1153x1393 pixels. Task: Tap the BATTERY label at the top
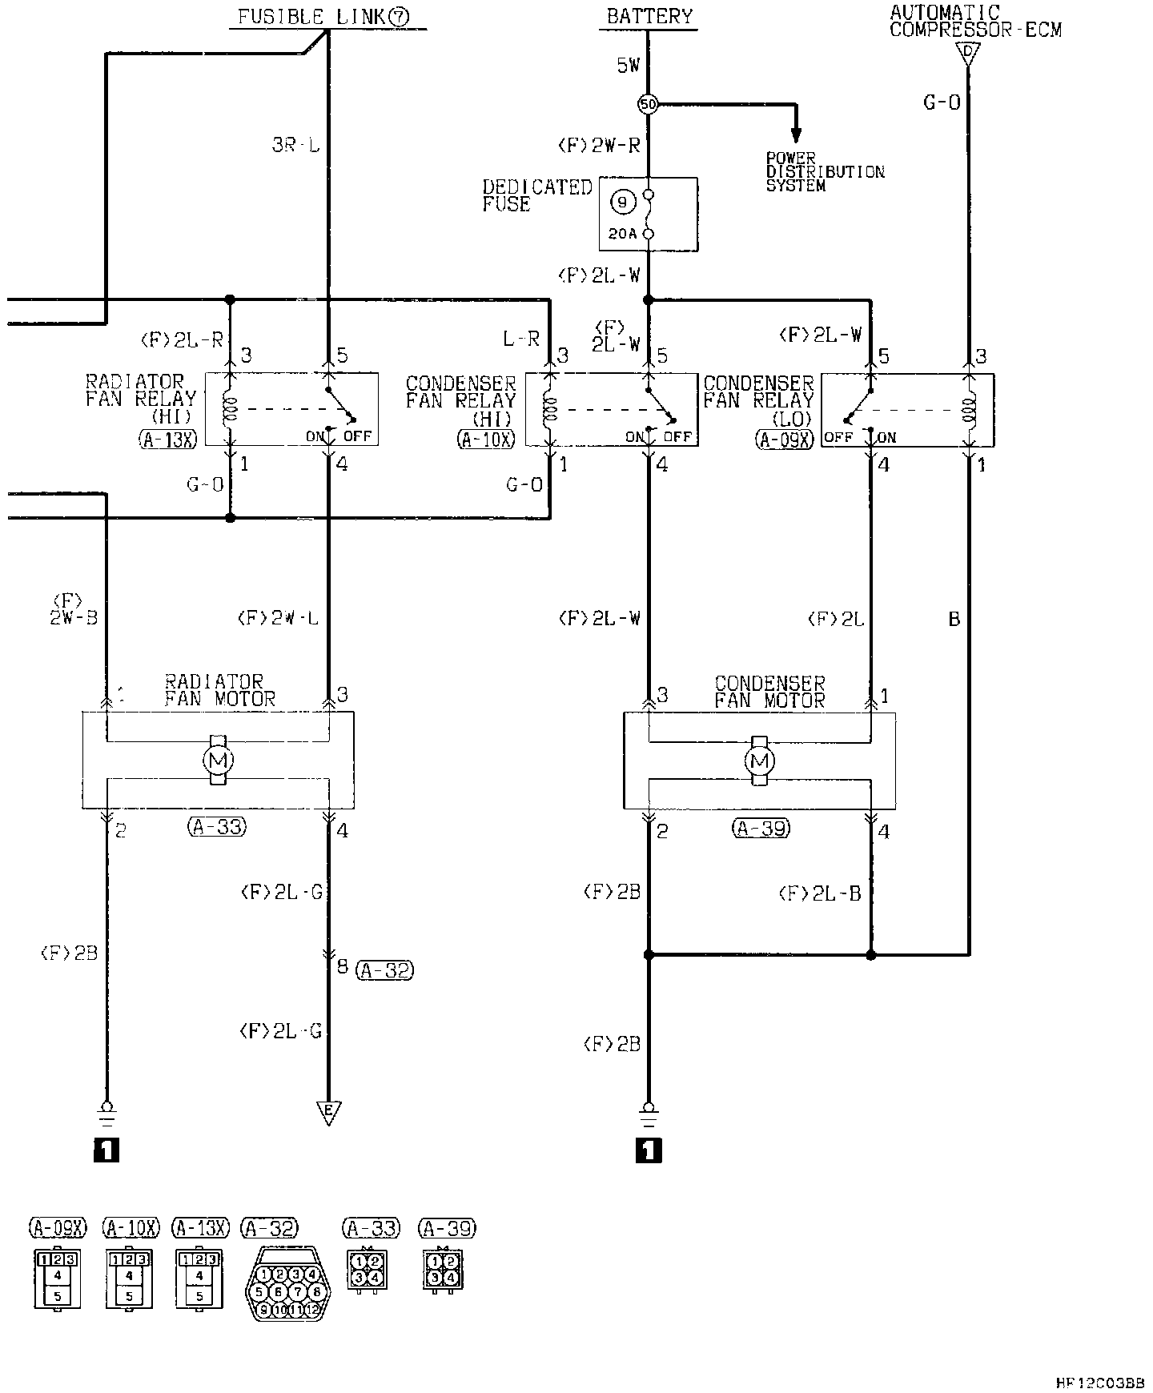(649, 16)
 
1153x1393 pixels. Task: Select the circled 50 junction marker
(647, 104)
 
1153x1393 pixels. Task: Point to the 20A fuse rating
(621, 235)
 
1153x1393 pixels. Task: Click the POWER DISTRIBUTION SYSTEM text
(825, 172)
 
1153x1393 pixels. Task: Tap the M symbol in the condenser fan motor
(760, 761)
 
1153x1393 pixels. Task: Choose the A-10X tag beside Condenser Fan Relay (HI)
(486, 438)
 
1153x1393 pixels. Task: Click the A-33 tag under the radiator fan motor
(217, 827)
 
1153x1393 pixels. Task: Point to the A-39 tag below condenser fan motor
(761, 829)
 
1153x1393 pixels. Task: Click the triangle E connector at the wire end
(328, 1112)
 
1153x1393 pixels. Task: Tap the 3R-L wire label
(295, 147)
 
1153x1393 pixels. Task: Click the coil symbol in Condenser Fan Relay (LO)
(970, 410)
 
